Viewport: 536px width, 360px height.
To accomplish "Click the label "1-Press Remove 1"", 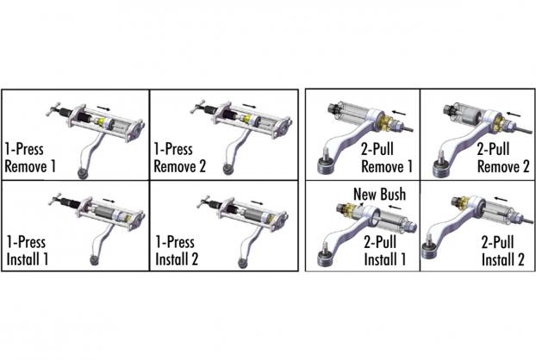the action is point(30,158).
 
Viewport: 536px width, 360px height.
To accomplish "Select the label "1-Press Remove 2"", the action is point(180,158).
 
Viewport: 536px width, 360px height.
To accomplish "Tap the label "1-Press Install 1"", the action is point(27,251).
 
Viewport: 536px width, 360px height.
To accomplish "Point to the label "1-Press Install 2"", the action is point(177,251).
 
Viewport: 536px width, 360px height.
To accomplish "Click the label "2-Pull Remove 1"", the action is point(387,158).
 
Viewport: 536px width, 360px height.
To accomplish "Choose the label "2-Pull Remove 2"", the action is point(503,158).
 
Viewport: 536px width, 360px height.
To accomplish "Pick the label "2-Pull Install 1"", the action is point(384,251).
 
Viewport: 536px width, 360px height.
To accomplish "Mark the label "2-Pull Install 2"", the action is point(502,251).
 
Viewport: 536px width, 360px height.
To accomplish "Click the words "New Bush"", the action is point(379,194).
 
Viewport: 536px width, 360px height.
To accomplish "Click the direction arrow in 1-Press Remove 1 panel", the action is point(103,108).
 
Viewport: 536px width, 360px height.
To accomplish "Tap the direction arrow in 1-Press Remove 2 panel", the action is point(249,106).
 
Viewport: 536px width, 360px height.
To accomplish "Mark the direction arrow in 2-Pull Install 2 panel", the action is point(501,198).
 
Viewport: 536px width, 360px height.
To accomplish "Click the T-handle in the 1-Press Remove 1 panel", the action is point(54,109).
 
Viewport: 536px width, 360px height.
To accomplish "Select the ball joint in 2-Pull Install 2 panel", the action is point(428,251).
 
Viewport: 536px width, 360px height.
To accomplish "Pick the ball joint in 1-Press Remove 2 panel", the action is point(227,170).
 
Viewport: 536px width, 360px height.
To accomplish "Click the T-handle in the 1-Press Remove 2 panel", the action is point(197,107).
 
